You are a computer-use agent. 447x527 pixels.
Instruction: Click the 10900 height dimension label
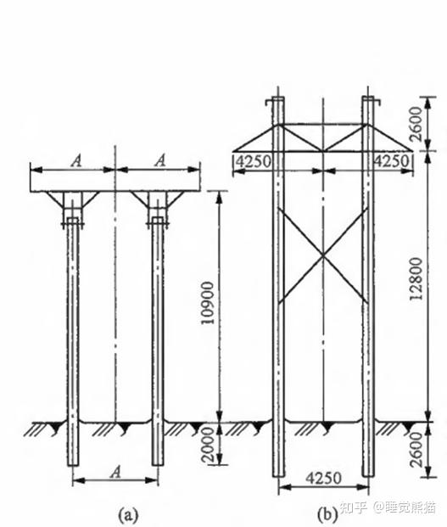pyautogui.click(x=208, y=303)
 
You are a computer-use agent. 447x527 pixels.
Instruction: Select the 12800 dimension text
pyautogui.click(x=416, y=278)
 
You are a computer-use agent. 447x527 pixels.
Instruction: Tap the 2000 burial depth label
pyautogui.click(x=208, y=446)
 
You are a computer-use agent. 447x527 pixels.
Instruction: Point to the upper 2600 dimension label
pyautogui.click(x=416, y=124)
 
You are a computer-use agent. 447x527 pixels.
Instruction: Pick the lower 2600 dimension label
pyautogui.click(x=416, y=450)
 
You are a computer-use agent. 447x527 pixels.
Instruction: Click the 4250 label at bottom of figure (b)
pyautogui.click(x=324, y=478)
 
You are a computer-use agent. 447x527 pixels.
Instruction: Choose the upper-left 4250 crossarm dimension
pyautogui.click(x=254, y=161)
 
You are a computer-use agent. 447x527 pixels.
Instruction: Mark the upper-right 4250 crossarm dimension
pyautogui.click(x=392, y=161)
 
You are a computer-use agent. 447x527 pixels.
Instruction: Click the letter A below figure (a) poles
pyautogui.click(x=115, y=473)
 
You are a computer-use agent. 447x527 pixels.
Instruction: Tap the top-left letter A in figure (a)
pyautogui.click(x=76, y=160)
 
